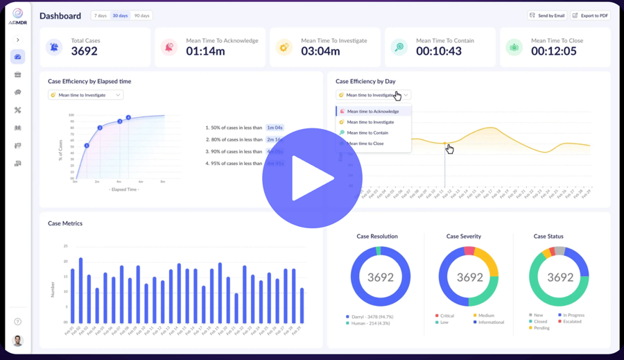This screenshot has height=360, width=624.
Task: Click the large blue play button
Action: tap(312, 178)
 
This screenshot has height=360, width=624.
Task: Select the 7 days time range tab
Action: tap(101, 15)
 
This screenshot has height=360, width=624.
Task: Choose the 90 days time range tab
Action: tap(141, 15)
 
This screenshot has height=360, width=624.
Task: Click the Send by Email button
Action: tap(547, 15)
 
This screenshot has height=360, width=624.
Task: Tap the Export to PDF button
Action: tap(590, 15)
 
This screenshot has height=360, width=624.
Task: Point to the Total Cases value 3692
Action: tap(84, 51)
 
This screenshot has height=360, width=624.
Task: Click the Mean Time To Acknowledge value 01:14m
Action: tap(205, 51)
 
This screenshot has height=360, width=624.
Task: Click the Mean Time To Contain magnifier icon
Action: tap(399, 47)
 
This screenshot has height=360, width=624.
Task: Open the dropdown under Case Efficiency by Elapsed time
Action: tap(85, 95)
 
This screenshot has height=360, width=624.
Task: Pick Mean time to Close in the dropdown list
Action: tap(365, 144)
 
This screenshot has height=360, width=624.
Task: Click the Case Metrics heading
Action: tap(65, 223)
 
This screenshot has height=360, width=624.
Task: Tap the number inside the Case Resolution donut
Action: tap(380, 277)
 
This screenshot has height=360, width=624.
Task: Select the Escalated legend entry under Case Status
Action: tap(572, 321)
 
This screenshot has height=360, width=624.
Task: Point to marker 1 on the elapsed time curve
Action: tap(87, 146)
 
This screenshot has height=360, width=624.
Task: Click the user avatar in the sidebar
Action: tap(17, 341)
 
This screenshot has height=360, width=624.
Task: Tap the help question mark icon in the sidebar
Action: tap(17, 322)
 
